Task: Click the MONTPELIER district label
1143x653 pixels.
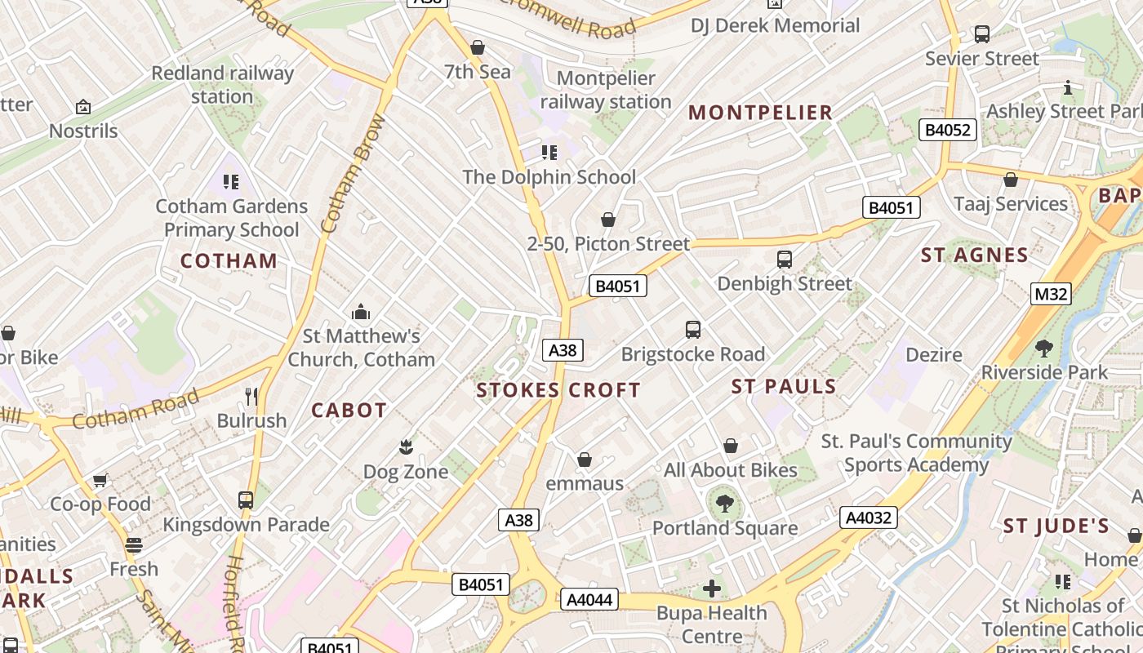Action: (760, 113)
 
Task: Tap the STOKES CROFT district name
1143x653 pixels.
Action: (558, 390)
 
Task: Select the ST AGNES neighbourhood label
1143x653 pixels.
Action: (975, 255)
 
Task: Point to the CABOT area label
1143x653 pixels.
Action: (349, 411)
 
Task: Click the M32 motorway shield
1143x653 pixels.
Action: (1050, 294)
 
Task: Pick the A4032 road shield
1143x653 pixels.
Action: (869, 518)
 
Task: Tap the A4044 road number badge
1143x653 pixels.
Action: (589, 600)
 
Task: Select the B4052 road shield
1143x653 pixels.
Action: (947, 130)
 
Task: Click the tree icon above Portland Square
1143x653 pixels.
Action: (724, 504)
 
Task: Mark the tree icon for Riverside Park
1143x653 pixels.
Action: (1043, 349)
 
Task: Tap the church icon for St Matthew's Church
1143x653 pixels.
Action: (360, 312)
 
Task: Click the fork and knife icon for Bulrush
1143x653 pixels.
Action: (251, 397)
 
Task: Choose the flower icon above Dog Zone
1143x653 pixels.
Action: (406, 447)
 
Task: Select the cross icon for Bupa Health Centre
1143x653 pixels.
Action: (712, 588)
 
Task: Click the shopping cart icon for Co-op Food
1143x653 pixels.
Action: (100, 480)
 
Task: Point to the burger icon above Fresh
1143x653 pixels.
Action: (134, 544)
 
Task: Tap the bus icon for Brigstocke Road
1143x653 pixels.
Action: (693, 330)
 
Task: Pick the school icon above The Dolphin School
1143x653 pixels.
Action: (549, 153)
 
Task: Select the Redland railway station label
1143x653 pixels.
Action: (222, 85)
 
